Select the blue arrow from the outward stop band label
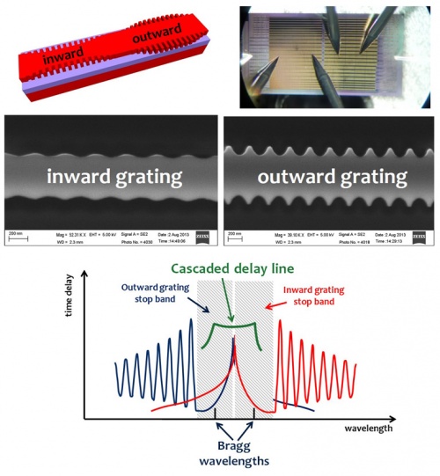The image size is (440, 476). [x=193, y=320]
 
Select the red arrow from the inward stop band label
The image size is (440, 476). [x=269, y=320]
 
